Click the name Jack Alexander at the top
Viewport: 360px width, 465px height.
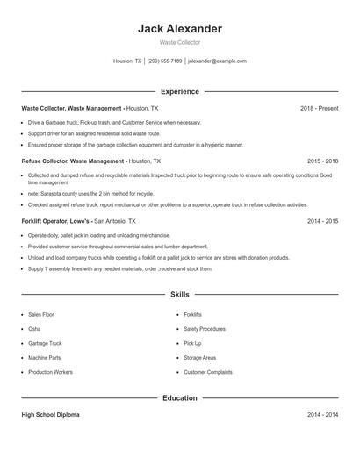[180, 29]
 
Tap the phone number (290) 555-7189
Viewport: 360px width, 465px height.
[164, 61]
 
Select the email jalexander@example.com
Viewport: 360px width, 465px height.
[217, 61]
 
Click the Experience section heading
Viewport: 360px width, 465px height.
[180, 91]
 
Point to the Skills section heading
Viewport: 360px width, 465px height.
[180, 295]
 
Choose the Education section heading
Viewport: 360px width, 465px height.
[180, 398]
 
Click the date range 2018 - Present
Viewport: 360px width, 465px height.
[319, 108]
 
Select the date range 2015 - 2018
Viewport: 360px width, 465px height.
[323, 161]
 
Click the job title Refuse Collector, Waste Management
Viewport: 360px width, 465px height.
[73, 161]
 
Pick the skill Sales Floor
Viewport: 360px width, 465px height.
[41, 314]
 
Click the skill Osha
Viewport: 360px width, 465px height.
[34, 329]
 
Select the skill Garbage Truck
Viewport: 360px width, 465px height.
[45, 343]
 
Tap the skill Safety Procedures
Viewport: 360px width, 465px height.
[205, 329]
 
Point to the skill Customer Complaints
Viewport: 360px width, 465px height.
[208, 372]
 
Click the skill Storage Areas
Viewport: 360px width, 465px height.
[200, 358]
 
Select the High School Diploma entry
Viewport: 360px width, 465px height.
[50, 414]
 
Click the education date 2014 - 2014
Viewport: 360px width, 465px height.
[323, 414]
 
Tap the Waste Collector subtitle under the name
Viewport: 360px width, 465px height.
[180, 42]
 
